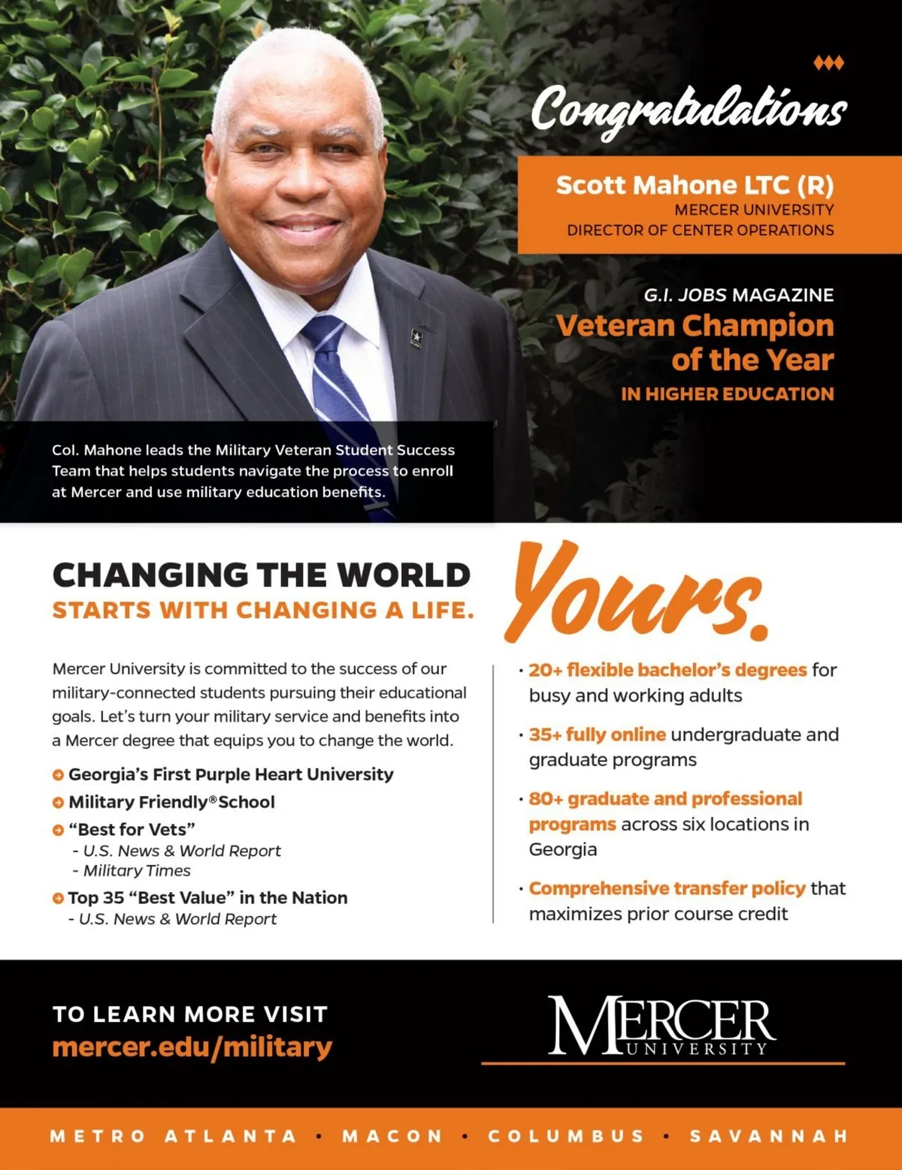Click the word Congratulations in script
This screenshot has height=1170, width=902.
tap(689, 108)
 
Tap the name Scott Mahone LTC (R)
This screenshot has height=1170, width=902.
tap(695, 185)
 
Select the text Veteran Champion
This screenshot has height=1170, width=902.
tap(695, 326)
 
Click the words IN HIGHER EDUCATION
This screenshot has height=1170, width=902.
tap(727, 394)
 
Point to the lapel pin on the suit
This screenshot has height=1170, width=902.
tap(416, 337)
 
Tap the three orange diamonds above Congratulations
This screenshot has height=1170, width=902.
tap(828, 63)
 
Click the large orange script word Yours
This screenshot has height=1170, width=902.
tap(637, 593)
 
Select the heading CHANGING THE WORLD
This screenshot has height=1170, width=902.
tap(261, 575)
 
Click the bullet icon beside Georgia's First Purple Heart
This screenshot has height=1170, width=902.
tap(58, 775)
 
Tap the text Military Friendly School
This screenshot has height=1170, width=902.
tap(171, 802)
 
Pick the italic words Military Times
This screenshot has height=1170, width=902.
tap(137, 870)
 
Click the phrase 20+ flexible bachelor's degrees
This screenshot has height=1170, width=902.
tap(667, 670)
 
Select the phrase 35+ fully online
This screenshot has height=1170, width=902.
tap(597, 734)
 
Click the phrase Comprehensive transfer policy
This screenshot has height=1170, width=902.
tap(667, 888)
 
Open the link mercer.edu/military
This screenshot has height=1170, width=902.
tap(192, 1047)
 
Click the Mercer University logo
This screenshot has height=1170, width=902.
tap(661, 1026)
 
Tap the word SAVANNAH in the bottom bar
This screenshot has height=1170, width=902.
tap(769, 1136)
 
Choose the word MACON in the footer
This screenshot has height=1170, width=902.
tap(392, 1136)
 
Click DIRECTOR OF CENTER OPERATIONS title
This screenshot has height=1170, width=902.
tap(700, 231)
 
